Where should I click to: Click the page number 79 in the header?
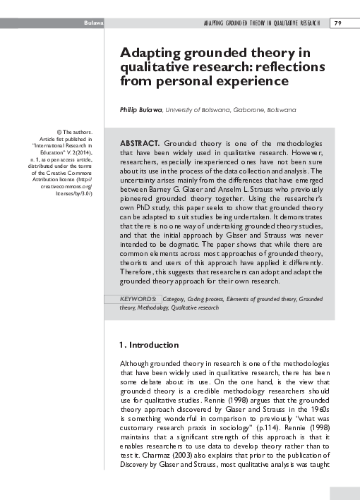click(x=338, y=23)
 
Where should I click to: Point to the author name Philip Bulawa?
click(x=140, y=110)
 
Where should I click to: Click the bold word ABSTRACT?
click(x=139, y=142)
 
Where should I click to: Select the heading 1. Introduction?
click(x=150, y=345)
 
